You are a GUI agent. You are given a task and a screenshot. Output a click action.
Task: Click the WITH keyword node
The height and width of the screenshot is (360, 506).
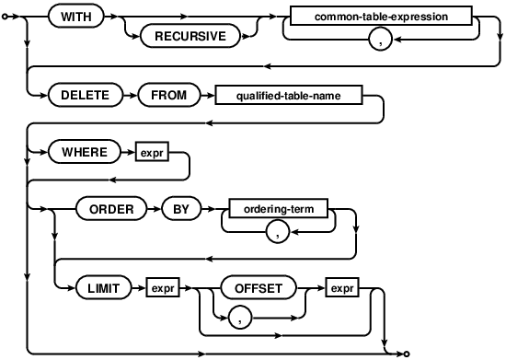[x=75, y=17]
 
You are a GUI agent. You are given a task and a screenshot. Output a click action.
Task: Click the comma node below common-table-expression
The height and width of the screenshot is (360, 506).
[x=381, y=40]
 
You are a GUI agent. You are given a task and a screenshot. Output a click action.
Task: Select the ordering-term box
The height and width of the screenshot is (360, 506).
[x=278, y=209]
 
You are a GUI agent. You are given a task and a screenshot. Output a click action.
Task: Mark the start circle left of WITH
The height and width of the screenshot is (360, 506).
[x=6, y=17]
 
